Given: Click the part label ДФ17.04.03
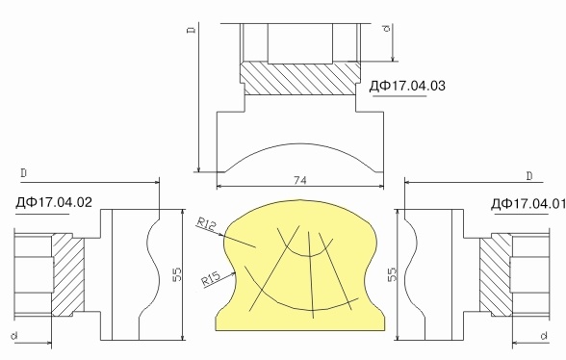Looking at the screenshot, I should coord(407,87).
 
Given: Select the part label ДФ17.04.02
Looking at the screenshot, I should coord(54,202).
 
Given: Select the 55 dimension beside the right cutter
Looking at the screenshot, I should coord(392,274).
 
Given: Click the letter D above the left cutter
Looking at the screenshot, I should coord(22,172).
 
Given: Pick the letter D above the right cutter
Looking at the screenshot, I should coord(528,175).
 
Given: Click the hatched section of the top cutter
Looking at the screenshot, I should coord(298,78).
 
